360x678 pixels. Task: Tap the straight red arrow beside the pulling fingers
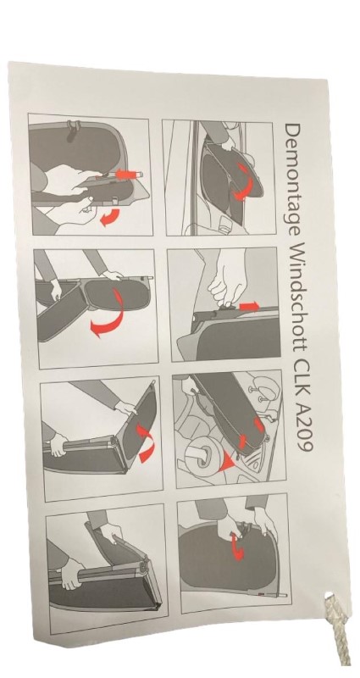(x=249, y=306)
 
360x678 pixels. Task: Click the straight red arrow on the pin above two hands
(x=130, y=175)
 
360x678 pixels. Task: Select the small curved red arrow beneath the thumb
(x=109, y=216)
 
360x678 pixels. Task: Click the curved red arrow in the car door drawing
(x=241, y=185)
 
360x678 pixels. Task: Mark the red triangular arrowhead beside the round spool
(x=227, y=464)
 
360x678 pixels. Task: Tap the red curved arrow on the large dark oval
(x=237, y=547)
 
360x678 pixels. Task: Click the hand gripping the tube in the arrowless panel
(x=72, y=573)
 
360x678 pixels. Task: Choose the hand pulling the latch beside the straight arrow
(x=224, y=281)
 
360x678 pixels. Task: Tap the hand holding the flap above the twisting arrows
(x=126, y=407)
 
